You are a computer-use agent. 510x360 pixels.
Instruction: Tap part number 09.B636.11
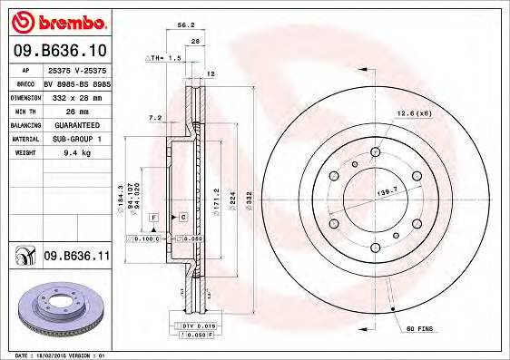click(x=77, y=257)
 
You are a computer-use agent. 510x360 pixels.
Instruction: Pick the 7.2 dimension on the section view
click(x=154, y=117)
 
